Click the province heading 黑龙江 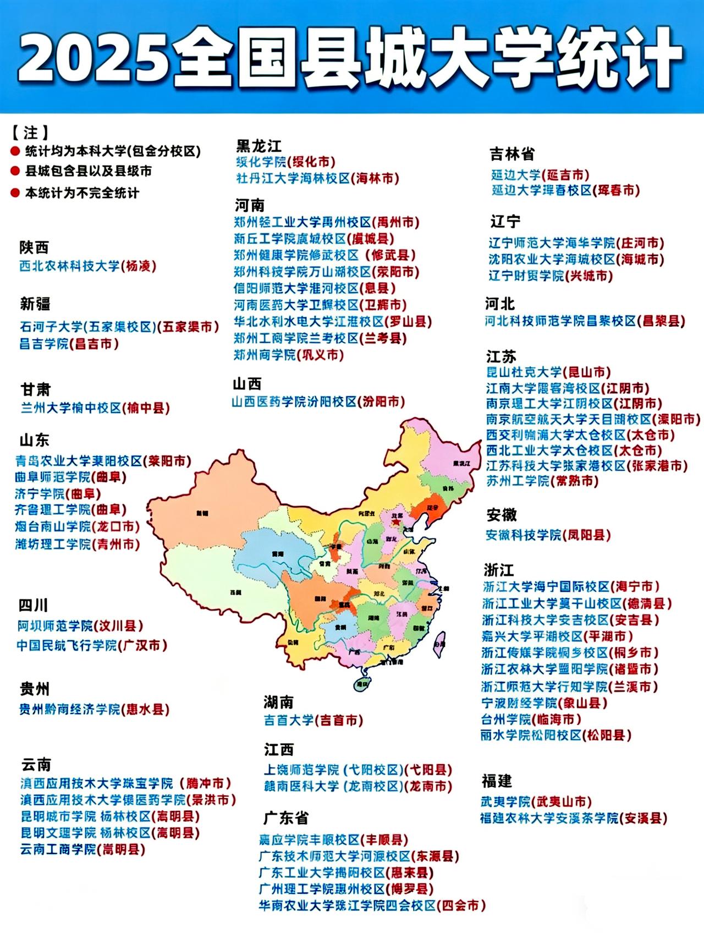tap(258, 146)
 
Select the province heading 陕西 tap(34, 248)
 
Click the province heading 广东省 tap(286, 818)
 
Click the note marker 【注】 tap(30, 133)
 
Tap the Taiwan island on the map tap(439, 644)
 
